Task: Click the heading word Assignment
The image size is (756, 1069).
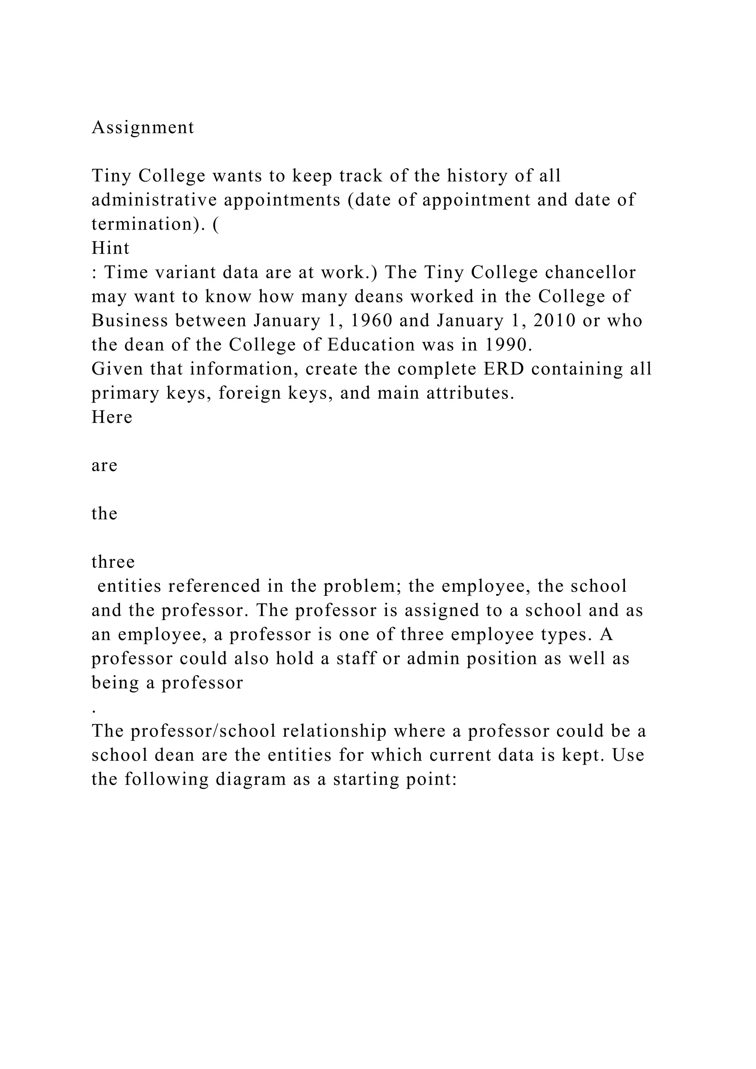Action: (142, 127)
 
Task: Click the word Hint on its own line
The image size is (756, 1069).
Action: (110, 248)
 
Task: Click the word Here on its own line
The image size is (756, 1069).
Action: (112, 417)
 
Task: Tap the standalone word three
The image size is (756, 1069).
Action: (113, 562)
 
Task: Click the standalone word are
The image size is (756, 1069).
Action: (104, 465)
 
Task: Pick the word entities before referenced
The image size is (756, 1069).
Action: (130, 586)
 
